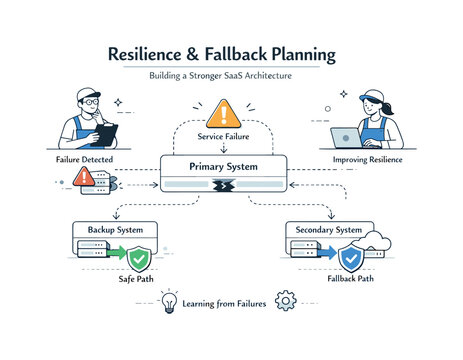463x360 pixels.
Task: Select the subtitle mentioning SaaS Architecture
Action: [x=231, y=76]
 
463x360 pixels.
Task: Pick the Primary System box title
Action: [x=224, y=167]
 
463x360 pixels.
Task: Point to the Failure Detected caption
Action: [x=85, y=160]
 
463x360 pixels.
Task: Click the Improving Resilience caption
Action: [x=373, y=159]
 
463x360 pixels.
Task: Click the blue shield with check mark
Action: [x=349, y=259]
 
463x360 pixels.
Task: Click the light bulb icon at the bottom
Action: [x=169, y=301]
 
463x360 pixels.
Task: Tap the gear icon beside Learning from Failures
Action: [x=285, y=300]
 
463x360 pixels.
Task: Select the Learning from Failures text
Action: [x=225, y=302]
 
